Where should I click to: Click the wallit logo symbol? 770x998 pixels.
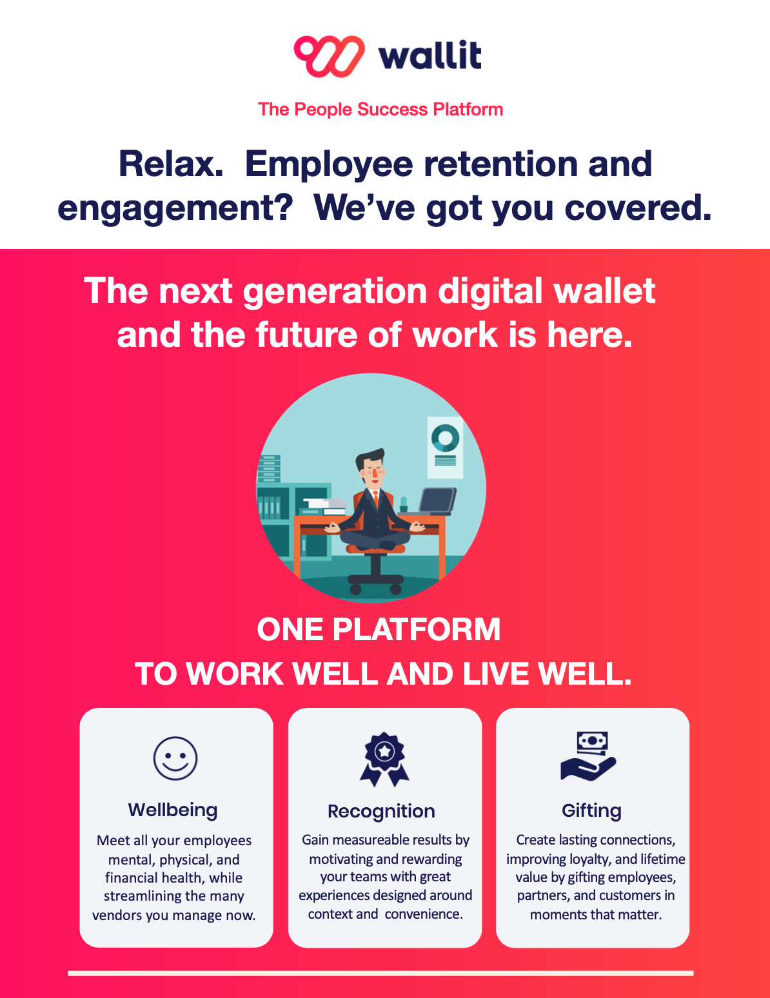tap(329, 56)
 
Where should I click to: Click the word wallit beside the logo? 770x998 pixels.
tap(429, 56)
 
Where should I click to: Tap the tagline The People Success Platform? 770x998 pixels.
tap(380, 109)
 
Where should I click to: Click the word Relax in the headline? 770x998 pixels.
tap(171, 164)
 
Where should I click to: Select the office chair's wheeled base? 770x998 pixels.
tap(375, 583)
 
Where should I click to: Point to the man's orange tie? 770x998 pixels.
tap(375, 500)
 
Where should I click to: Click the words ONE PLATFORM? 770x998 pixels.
tap(379, 629)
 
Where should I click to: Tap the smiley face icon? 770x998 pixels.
tap(175, 758)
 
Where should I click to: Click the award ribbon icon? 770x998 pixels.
tap(384, 759)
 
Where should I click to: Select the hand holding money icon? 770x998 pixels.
tap(589, 757)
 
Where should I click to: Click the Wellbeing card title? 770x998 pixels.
tap(173, 810)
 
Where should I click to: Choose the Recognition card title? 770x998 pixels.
tap(381, 811)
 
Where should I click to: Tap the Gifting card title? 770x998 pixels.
tap(591, 810)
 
